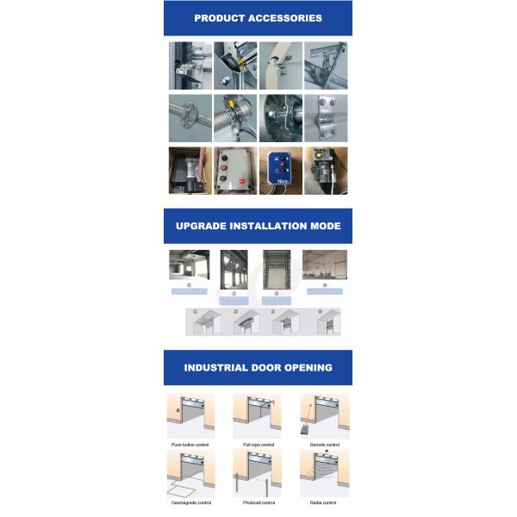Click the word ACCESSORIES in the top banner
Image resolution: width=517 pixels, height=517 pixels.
[283, 18]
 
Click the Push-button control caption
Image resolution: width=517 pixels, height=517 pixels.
[190, 445]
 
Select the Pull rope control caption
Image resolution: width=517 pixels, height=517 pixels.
[257, 445]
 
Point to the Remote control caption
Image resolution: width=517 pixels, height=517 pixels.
[324, 445]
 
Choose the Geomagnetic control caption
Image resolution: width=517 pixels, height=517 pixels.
[190, 502]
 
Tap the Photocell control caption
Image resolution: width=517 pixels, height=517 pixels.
[257, 502]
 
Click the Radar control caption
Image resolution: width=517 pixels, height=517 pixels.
[324, 502]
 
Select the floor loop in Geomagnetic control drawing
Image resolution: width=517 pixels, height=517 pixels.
[183, 489]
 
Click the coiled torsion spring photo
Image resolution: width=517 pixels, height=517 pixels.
[234, 118]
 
